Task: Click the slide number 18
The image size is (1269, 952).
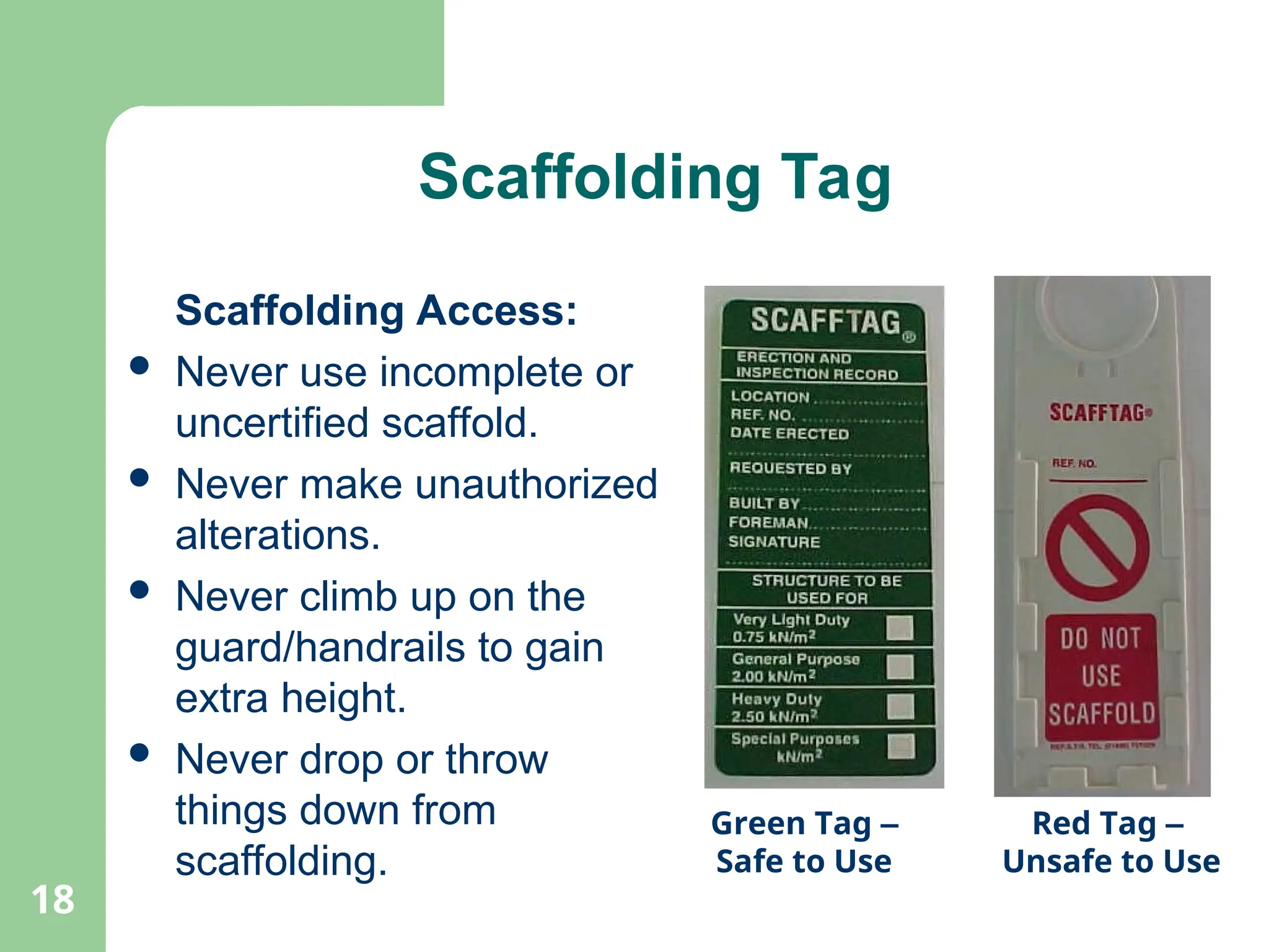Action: pos(53,900)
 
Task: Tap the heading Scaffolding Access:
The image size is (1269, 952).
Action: pos(376,311)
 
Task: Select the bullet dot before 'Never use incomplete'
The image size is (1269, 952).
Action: pos(140,366)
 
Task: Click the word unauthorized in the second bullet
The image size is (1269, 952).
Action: pos(536,484)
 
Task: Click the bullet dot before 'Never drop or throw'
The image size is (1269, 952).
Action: pos(140,752)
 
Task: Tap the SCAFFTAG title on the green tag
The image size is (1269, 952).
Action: pos(825,321)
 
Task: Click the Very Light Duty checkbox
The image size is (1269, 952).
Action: pos(900,627)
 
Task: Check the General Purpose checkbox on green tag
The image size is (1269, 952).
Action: pos(900,667)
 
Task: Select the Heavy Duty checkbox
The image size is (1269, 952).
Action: pos(900,707)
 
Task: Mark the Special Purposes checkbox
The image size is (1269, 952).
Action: pos(900,746)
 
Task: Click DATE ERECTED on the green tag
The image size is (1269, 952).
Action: pos(789,433)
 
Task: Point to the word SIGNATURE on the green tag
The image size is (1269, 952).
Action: pos(774,542)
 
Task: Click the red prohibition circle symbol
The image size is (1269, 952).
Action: pos(1097,548)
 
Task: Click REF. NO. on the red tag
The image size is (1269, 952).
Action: pos(1074,464)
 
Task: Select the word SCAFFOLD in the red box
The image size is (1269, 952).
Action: pos(1101,714)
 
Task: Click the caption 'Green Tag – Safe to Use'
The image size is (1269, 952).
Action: pos(804,842)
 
